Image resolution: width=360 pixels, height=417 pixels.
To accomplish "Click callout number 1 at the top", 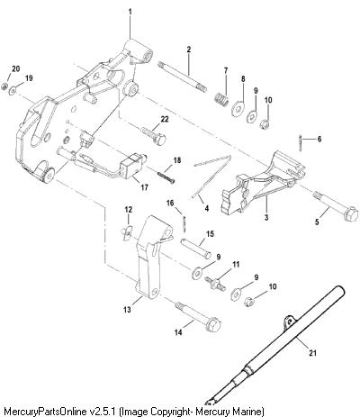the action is [130, 12].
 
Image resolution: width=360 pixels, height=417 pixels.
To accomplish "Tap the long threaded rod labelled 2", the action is [182, 76].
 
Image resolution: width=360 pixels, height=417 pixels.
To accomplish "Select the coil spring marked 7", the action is [222, 99].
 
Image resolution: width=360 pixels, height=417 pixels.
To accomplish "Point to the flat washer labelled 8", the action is [238, 108].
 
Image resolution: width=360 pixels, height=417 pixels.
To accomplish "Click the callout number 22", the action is [165, 119].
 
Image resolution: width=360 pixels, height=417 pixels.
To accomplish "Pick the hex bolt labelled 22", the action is [153, 136].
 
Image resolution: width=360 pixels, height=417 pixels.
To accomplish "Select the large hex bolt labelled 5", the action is [336, 205].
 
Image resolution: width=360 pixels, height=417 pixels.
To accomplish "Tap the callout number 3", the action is [266, 217].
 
